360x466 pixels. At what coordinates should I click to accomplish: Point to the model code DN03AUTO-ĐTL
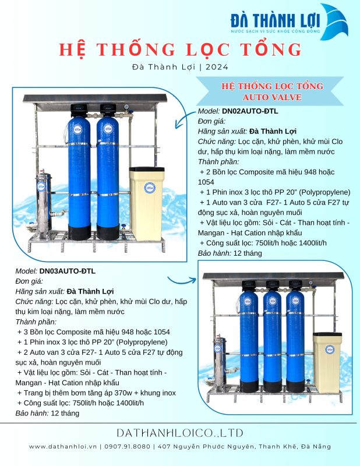point(67,271)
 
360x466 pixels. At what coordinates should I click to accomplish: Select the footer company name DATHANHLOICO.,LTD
point(179,433)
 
